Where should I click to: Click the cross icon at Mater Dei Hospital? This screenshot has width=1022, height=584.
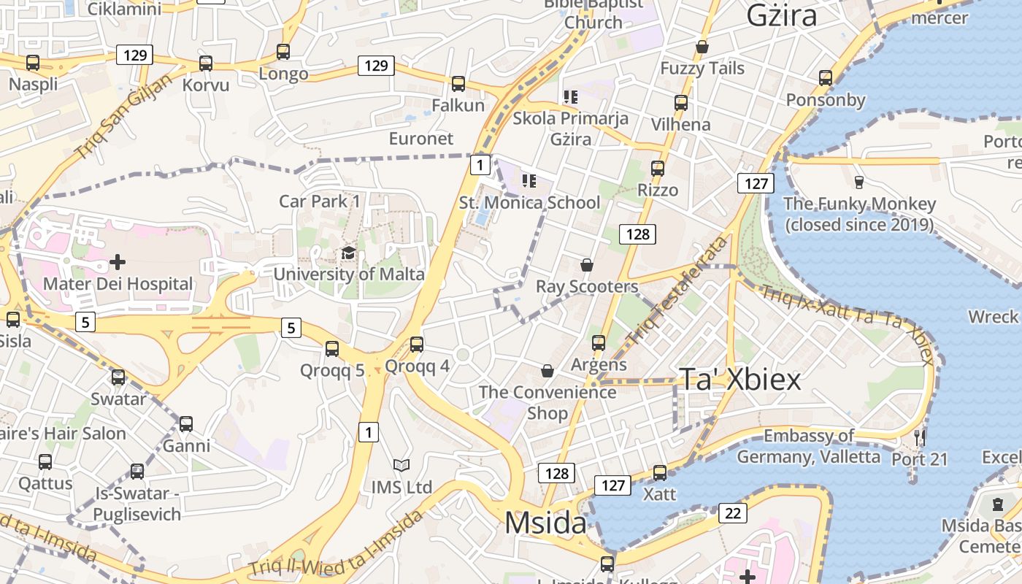(118, 261)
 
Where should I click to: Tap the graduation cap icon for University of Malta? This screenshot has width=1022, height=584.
(349, 253)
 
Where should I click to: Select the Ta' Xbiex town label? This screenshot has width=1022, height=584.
(740, 380)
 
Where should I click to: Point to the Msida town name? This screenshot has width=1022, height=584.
(545, 523)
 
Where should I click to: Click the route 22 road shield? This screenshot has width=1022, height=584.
(733, 513)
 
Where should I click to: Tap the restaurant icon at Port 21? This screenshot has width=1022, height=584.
(920, 437)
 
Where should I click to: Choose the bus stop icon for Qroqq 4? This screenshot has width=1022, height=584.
(417, 344)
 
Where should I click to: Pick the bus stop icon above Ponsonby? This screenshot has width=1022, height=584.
(826, 77)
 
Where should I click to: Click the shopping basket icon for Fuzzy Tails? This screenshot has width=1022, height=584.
(702, 47)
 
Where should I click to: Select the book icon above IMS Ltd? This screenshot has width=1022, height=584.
(401, 465)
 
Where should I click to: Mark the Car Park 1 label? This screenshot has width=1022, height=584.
(320, 201)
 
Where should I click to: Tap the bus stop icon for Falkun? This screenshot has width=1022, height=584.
(458, 83)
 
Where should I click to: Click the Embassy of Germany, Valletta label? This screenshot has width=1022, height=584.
(808, 446)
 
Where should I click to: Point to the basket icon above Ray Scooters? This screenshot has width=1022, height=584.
(587, 264)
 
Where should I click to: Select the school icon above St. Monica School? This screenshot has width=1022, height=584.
(529, 180)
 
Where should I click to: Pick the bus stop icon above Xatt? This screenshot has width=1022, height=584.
(660, 472)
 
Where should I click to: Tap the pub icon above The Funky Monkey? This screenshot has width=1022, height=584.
(859, 182)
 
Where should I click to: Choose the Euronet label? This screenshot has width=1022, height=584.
(421, 138)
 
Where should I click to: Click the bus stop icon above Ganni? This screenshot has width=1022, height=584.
(186, 423)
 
